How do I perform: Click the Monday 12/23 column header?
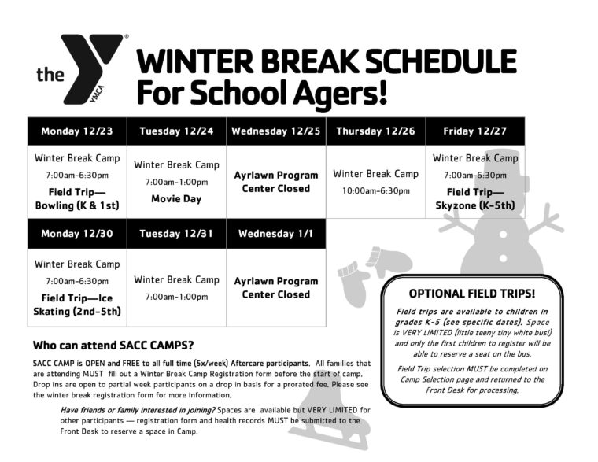(x=77, y=131)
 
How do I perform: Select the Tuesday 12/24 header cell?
(x=176, y=131)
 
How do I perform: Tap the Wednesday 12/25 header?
(x=276, y=131)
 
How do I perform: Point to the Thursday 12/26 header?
(x=375, y=131)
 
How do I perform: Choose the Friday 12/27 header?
(x=475, y=131)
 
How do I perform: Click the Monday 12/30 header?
(x=77, y=233)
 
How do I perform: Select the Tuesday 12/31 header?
(x=176, y=233)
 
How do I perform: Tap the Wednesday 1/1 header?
(x=276, y=233)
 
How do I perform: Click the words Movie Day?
(x=176, y=199)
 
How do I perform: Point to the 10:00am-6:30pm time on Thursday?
(x=375, y=191)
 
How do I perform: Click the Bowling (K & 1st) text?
(x=77, y=206)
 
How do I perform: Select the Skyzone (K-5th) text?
(x=475, y=206)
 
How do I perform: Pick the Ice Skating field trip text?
(x=77, y=305)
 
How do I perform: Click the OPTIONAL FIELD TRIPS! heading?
(x=473, y=294)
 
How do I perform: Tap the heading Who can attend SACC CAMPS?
(x=113, y=346)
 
